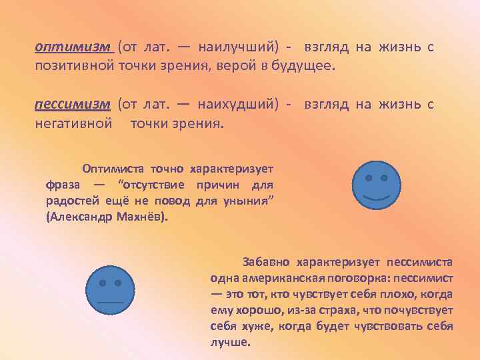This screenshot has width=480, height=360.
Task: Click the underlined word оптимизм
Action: coord(73,46)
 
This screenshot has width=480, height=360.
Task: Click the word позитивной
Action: coord(75,67)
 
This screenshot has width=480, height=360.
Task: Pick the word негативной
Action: coord(73,124)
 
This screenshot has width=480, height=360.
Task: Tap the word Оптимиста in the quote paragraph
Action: coord(113,168)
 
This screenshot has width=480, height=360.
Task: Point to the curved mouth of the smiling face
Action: coord(376,198)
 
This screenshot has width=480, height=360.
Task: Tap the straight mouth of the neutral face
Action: coord(111,302)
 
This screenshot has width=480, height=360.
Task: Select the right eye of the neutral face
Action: coord(119,283)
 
